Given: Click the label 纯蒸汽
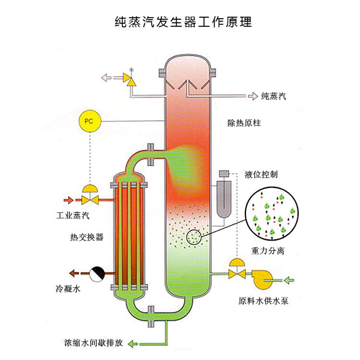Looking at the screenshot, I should (274, 96).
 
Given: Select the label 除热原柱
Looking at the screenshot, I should (244, 123).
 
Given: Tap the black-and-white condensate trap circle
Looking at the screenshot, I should (96, 274).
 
